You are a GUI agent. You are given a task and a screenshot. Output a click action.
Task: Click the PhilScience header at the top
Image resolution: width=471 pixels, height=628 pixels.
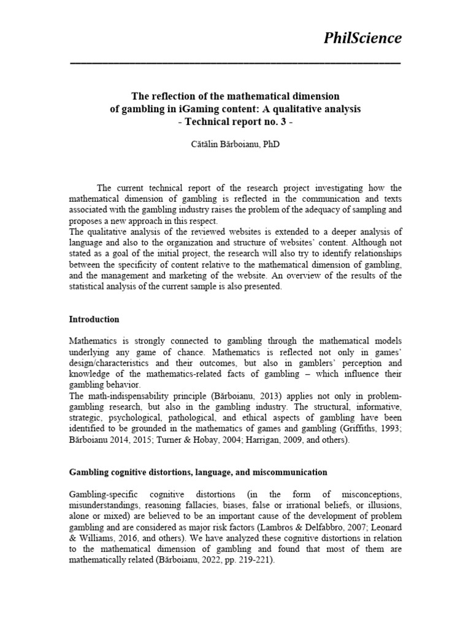(362, 39)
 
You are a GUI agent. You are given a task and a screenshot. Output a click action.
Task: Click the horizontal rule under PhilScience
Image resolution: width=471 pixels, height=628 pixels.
(235, 63)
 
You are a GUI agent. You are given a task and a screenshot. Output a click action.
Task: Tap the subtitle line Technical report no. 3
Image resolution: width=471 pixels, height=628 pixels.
(236, 121)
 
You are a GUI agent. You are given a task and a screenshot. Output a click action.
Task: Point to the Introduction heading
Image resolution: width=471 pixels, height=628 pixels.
(94, 320)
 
